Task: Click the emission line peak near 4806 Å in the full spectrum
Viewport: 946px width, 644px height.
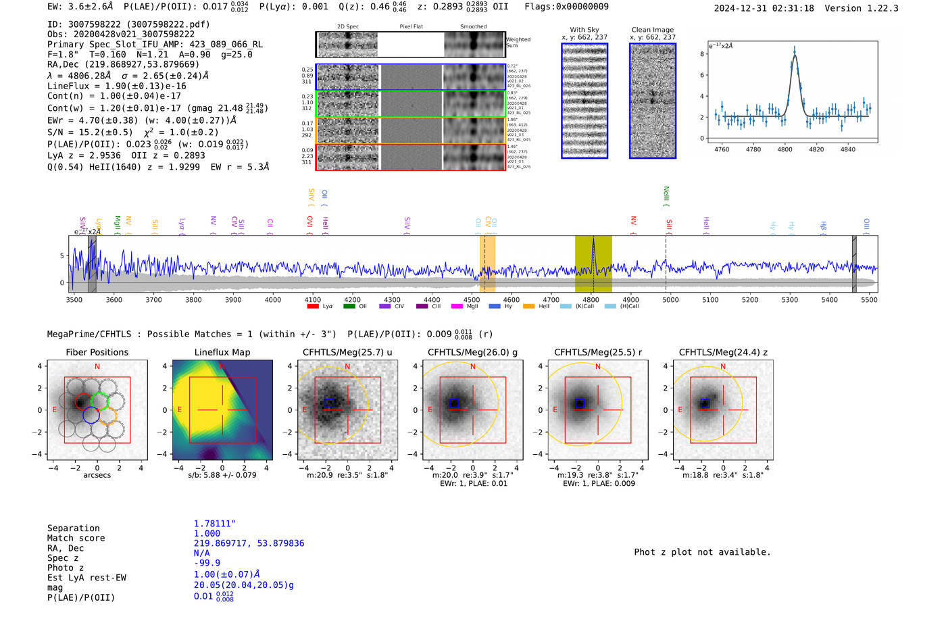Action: [593, 241]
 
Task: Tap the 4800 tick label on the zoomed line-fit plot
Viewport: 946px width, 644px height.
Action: [785, 149]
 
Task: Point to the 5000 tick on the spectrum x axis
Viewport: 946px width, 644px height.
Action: [670, 300]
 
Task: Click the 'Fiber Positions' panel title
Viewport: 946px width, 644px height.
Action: [97, 352]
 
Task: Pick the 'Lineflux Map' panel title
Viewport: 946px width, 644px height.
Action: [222, 352]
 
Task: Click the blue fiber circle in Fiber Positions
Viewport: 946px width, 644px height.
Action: [91, 416]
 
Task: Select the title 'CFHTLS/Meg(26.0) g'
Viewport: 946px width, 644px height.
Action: [472, 352]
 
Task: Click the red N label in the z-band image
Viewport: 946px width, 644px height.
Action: [723, 367]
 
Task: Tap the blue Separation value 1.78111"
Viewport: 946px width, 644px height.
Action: [214, 524]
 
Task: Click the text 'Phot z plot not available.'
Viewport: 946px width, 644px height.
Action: [702, 552]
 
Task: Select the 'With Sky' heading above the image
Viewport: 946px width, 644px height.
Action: [584, 30]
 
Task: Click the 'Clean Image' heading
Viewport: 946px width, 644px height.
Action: [652, 30]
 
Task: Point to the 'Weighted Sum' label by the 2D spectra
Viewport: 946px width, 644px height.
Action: [518, 43]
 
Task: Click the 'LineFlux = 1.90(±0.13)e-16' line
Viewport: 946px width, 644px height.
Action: [117, 86]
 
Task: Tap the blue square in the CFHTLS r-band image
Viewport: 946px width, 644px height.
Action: [579, 403]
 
